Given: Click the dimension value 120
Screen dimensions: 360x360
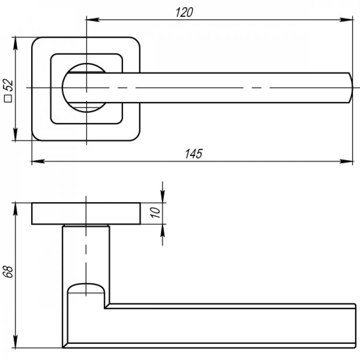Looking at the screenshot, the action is pos(184,12).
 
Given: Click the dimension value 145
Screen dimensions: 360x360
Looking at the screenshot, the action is pos(193,154).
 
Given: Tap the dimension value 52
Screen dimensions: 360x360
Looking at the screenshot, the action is pos(9,84).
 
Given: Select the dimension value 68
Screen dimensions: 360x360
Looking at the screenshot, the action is pos(9,272).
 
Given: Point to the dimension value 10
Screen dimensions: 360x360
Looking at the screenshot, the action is pos(155,212).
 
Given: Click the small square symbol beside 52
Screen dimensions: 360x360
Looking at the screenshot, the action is pos(9,98).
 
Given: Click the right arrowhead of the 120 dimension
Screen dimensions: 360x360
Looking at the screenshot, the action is pos(346,20).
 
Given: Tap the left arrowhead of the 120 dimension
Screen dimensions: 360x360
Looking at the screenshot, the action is pos(93,20).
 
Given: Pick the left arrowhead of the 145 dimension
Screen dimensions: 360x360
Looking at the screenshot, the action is pos(38,161).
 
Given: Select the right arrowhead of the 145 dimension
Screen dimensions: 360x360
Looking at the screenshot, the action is pos(346,161).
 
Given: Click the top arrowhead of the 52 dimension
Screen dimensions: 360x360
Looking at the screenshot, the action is pos(15,44).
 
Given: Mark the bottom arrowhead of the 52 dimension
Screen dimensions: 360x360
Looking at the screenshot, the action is pos(15,134).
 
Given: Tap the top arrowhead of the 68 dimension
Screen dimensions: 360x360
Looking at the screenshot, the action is pos(15,210).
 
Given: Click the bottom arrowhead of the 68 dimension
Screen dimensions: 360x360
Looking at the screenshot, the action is pos(15,341).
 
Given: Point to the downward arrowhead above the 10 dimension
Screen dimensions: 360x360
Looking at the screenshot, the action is pos(163,196).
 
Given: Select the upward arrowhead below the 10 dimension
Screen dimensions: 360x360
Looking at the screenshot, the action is pos(163,231).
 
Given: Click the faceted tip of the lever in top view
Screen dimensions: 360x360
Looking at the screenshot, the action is pos(350,88).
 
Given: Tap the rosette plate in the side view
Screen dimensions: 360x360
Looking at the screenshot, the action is pos(86,214).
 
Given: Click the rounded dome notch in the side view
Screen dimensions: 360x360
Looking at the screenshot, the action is pos(86,288).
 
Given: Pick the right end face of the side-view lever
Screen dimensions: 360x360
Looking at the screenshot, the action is pos(355,325).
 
